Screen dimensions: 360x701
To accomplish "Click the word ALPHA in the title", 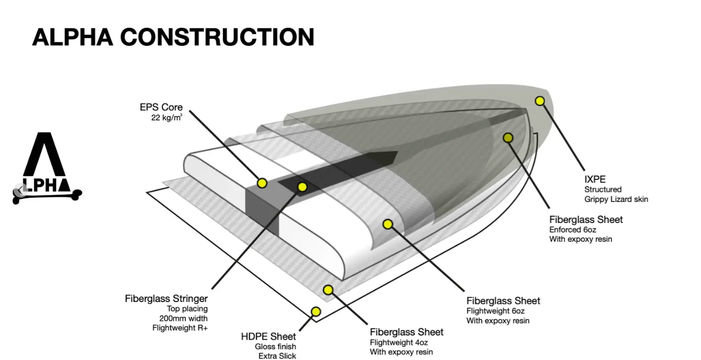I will point(72,37).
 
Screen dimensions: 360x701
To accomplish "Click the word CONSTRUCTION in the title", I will point(217,37).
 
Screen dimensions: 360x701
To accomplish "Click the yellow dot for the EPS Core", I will point(262,183).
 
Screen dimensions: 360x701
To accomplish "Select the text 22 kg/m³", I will point(167,118).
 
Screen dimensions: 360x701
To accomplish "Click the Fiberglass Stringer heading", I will point(166,299).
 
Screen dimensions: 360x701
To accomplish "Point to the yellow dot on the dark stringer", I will point(302,186).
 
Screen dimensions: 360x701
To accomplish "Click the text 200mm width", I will point(180,318).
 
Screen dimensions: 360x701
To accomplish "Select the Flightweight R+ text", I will point(180,328).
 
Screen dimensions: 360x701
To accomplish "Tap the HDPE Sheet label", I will point(268,337).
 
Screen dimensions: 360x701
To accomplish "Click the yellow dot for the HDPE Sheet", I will point(316,311).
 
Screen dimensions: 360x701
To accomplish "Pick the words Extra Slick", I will point(277,356).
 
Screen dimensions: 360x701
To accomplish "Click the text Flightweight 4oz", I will point(399,342).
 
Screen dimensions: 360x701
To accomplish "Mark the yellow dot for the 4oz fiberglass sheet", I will point(328,290).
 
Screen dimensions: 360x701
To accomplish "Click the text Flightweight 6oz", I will point(495,311).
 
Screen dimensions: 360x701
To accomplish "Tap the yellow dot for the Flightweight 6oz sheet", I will point(388,224).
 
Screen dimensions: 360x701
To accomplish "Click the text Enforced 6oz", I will point(572,229).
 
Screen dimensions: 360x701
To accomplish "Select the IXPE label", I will point(595,179).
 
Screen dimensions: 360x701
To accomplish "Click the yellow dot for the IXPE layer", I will point(540,101).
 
